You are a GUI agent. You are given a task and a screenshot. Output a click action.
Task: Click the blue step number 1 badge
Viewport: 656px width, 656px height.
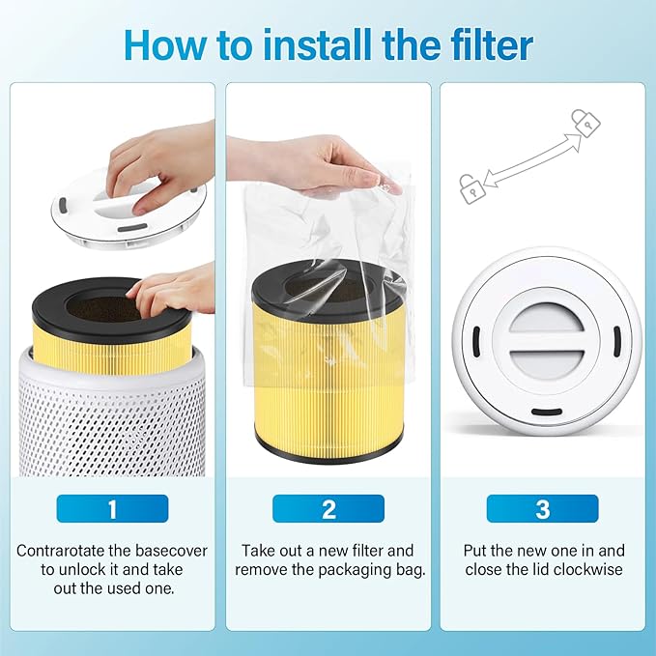(x=112, y=508)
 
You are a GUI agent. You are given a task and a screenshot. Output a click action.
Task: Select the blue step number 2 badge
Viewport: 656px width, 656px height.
(x=328, y=508)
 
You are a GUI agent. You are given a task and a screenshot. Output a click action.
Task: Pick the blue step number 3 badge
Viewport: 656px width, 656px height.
(x=542, y=508)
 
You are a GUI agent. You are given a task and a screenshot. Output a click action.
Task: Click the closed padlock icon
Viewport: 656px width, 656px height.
(x=585, y=123)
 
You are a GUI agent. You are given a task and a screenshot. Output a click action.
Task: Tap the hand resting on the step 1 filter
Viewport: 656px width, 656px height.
(x=174, y=290)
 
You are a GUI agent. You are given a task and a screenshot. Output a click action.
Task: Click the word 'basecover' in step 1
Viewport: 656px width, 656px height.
(x=171, y=551)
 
